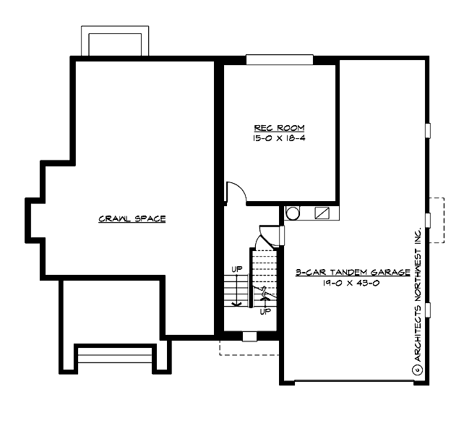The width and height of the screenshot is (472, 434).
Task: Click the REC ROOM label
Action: [x=279, y=127]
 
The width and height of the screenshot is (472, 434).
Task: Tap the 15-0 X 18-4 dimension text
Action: [x=279, y=137]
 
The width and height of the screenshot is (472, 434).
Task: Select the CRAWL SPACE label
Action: [x=132, y=218]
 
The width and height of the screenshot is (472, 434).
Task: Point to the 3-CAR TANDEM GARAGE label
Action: [x=353, y=273]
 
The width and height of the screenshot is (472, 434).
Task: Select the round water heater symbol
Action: [x=293, y=213]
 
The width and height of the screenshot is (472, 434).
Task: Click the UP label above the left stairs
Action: [x=236, y=269]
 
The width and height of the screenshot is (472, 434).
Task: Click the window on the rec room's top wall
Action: [x=279, y=60]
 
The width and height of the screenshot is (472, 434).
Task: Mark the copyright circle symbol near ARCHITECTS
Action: [x=417, y=369]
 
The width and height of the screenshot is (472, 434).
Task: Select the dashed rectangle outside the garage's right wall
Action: [x=437, y=219]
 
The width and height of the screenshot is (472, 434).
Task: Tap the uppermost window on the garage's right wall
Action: [x=428, y=129]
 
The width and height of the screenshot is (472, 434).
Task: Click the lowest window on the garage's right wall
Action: [x=428, y=310]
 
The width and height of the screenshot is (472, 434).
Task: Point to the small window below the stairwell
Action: [x=249, y=336]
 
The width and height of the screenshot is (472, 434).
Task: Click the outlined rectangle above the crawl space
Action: [x=115, y=43]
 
